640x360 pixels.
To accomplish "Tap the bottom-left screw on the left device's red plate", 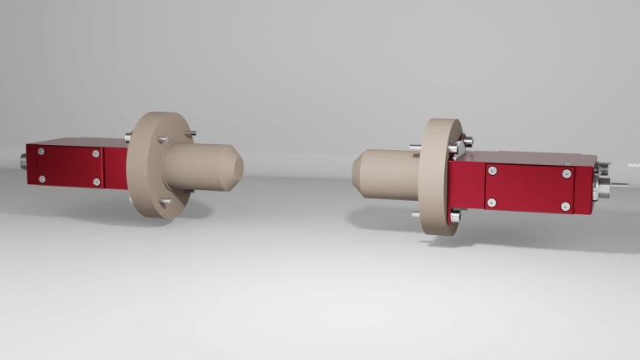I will click(x=42, y=179).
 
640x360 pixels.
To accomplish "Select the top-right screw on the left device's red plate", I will click(x=97, y=153).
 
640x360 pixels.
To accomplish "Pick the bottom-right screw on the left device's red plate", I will click(x=97, y=182).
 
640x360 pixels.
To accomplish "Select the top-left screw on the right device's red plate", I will click(x=493, y=171).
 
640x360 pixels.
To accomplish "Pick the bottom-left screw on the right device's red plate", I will click(x=493, y=202).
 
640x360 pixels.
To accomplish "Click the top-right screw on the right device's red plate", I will click(x=567, y=173).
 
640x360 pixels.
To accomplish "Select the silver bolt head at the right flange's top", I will click(x=463, y=139).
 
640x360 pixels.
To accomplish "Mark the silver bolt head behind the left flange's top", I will click(x=127, y=137).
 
